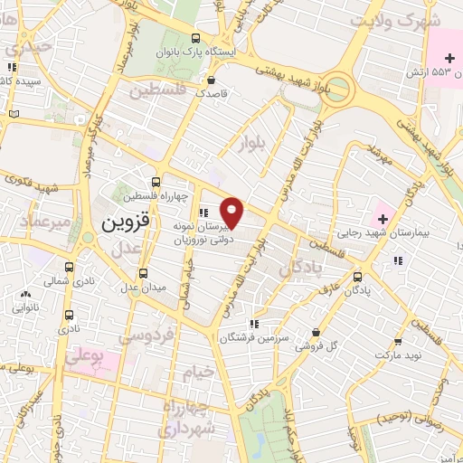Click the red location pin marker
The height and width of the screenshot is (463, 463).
pos(233,212)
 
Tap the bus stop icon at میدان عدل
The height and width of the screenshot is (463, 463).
pos(143,273)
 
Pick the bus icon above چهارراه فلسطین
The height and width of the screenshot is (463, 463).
pos(156,181)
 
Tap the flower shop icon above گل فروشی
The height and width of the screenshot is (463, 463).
pos(316,332)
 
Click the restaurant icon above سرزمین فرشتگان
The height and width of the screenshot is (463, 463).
pos(255,323)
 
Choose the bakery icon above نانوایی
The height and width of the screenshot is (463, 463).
pos(24,294)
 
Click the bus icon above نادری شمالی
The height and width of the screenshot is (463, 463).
pos(71,267)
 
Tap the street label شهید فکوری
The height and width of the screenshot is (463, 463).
pos(31,187)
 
